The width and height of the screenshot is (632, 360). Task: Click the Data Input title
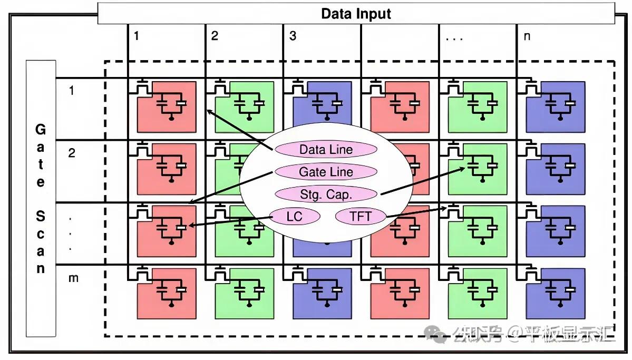(x=356, y=14)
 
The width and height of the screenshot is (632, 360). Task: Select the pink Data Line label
(x=326, y=150)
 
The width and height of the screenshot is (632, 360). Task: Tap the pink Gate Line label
(x=326, y=172)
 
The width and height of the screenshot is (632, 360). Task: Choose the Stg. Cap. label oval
(x=326, y=194)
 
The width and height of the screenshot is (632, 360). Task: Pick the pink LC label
(x=295, y=217)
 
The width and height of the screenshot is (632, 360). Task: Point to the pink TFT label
(x=361, y=217)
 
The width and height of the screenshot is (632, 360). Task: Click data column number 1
(x=137, y=36)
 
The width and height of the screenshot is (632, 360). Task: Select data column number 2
(x=215, y=36)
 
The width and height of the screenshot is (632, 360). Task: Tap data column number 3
(x=293, y=36)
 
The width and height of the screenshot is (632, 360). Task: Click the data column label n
(x=527, y=37)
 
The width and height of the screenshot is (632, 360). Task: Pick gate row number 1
(x=71, y=90)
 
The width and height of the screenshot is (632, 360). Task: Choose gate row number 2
(x=71, y=153)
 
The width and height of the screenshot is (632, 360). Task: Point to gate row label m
(x=73, y=278)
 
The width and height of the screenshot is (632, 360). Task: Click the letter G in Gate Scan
(x=40, y=130)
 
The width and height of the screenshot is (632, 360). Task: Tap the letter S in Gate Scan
(x=40, y=216)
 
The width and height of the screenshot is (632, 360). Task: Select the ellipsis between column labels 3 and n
(x=454, y=39)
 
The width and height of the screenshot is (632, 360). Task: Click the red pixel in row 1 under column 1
(x=167, y=107)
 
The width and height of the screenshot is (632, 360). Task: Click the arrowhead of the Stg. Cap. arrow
(x=465, y=169)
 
